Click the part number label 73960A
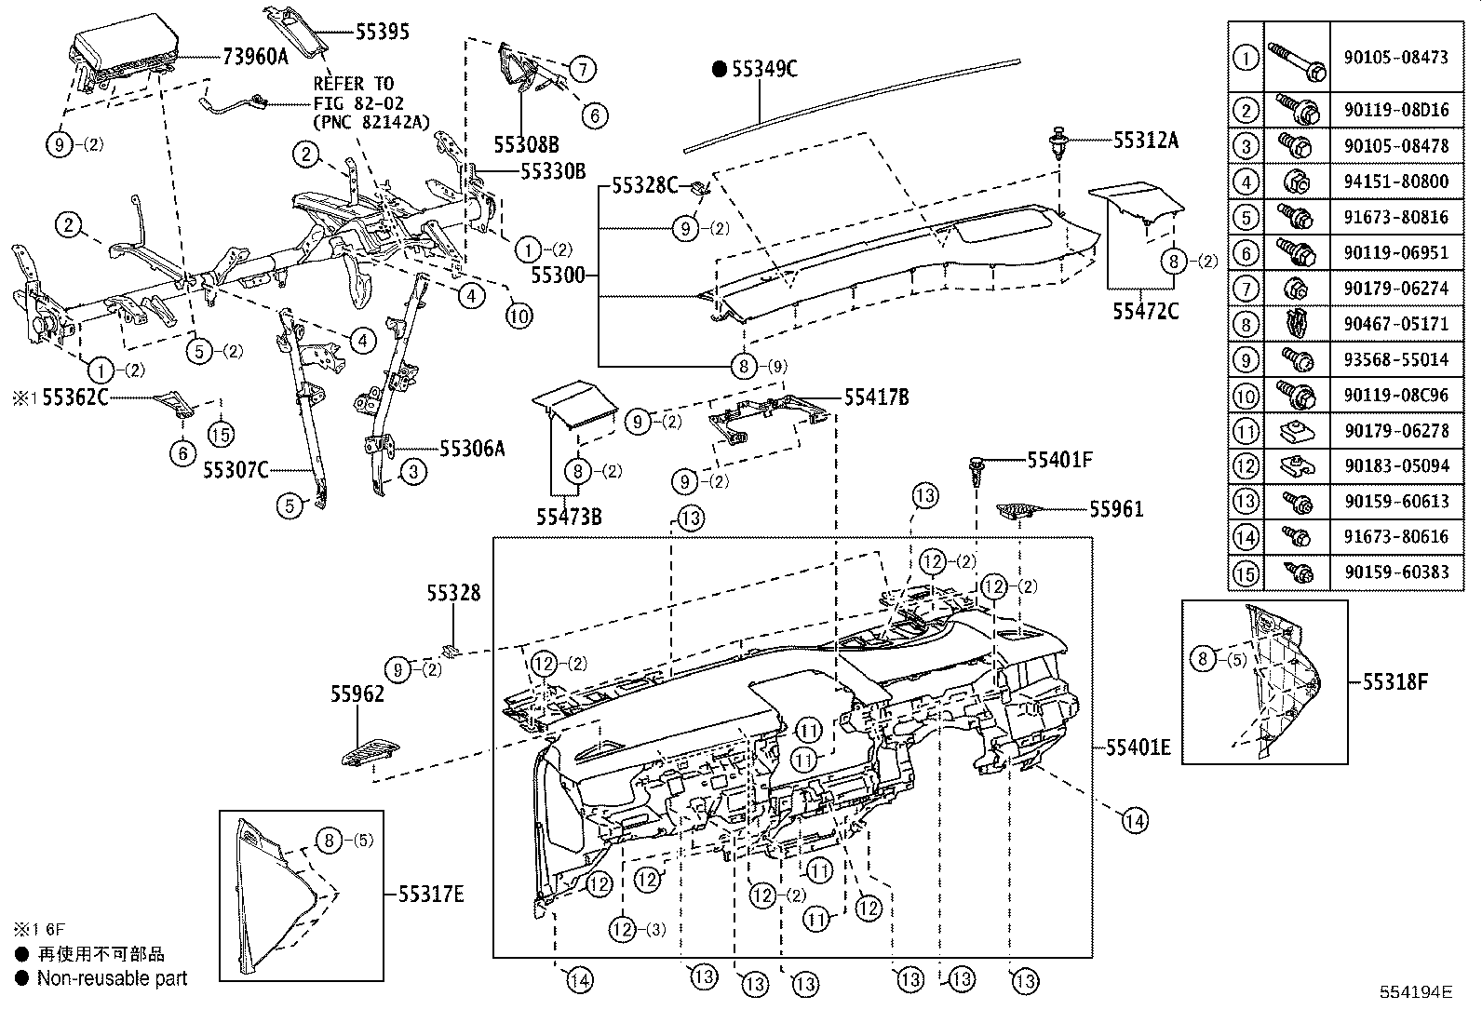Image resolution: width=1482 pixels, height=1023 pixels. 255,56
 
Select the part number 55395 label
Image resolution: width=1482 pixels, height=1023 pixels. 382,32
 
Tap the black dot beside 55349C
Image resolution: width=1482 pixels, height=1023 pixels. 719,68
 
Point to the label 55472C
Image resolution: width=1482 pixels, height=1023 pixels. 1145,311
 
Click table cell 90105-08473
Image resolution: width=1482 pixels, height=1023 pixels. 1395,57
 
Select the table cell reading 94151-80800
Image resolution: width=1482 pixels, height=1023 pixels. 1395,182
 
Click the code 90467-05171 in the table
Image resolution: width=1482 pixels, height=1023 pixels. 1395,324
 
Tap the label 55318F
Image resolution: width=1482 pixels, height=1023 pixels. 1394,682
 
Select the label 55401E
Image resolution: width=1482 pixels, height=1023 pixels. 1138,747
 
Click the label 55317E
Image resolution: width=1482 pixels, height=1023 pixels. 430,895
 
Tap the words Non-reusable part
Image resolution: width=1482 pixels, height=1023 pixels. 112,978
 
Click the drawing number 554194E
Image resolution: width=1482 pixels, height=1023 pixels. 1416,992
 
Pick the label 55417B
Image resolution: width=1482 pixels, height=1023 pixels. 876,397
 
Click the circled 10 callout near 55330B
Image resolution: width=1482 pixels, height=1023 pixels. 519,316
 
